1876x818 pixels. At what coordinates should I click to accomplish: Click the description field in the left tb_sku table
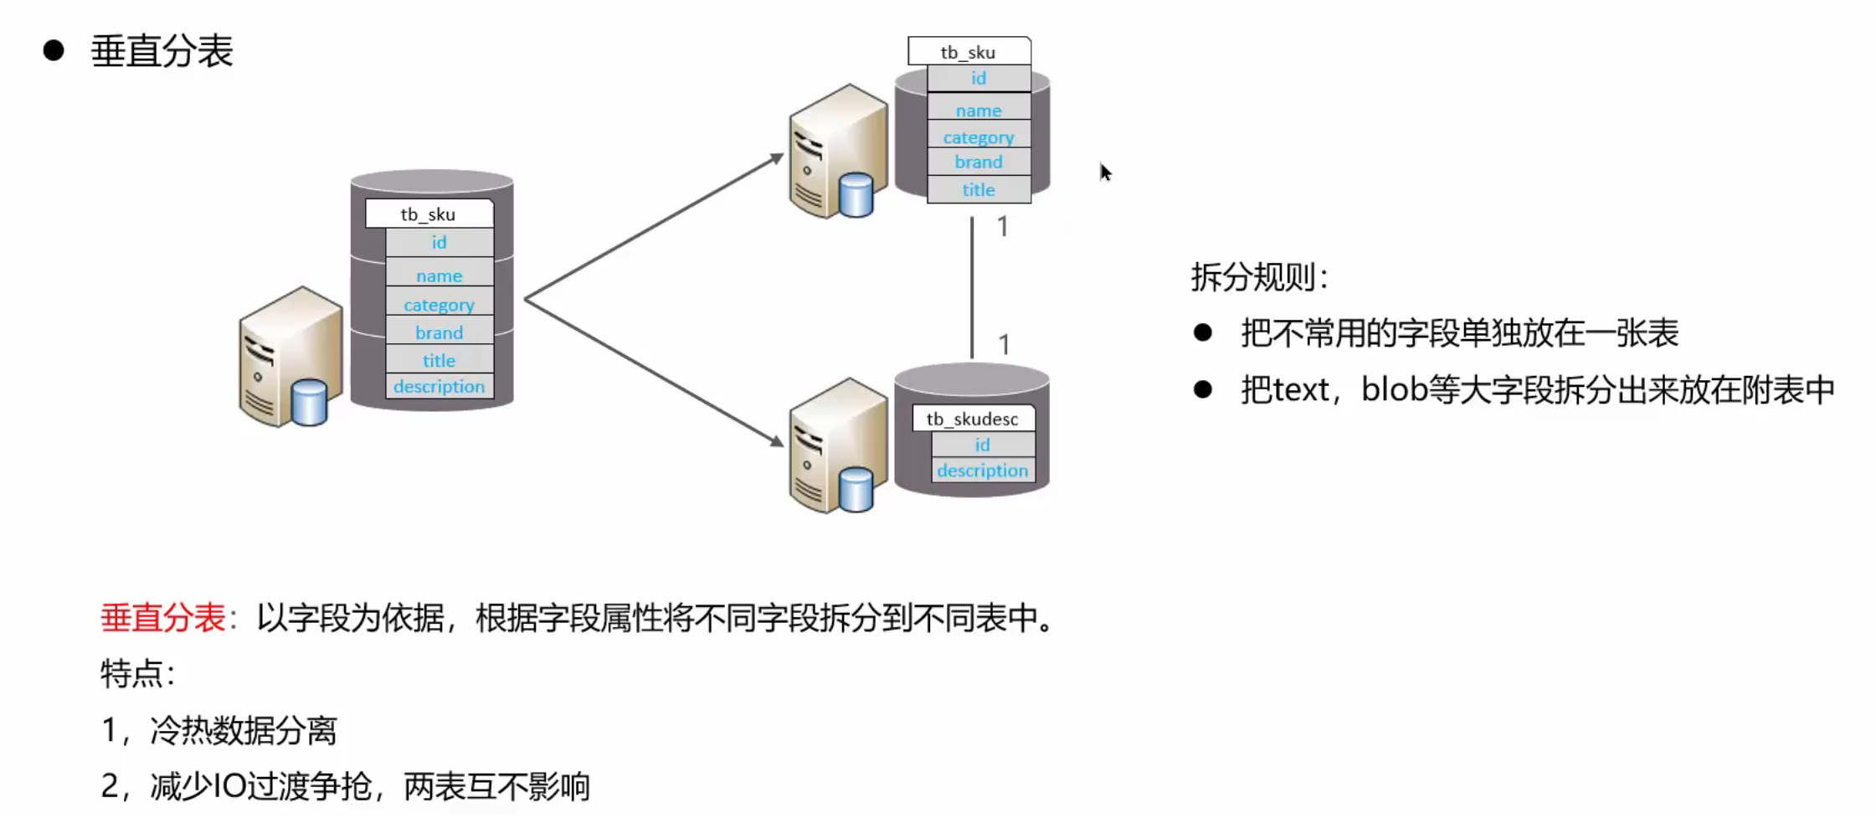click(x=439, y=387)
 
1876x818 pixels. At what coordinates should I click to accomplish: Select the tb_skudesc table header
click(x=972, y=419)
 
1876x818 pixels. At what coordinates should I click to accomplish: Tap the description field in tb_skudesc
click(x=982, y=471)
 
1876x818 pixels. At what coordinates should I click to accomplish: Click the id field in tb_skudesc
click(x=982, y=445)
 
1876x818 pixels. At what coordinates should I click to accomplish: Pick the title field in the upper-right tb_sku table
click(x=978, y=190)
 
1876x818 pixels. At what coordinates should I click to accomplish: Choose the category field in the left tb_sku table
click(x=439, y=305)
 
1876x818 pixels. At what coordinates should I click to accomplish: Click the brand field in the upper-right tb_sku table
click(x=978, y=162)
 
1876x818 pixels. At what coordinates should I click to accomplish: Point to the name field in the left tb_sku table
click(x=439, y=276)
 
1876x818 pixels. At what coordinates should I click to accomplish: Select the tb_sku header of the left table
click(x=428, y=214)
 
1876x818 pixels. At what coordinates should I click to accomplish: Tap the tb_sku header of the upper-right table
click(x=968, y=52)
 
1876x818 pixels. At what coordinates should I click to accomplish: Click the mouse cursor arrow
click(x=1105, y=172)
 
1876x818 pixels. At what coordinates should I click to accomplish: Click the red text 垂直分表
click(x=162, y=618)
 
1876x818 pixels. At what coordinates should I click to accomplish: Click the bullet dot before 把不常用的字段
click(x=1203, y=333)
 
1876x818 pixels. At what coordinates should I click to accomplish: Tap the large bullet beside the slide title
click(x=54, y=50)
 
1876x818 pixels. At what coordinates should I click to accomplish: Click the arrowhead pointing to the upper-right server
click(x=776, y=157)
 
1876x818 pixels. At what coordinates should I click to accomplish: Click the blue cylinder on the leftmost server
click(x=309, y=402)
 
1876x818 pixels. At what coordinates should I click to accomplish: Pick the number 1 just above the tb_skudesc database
click(x=1004, y=344)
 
